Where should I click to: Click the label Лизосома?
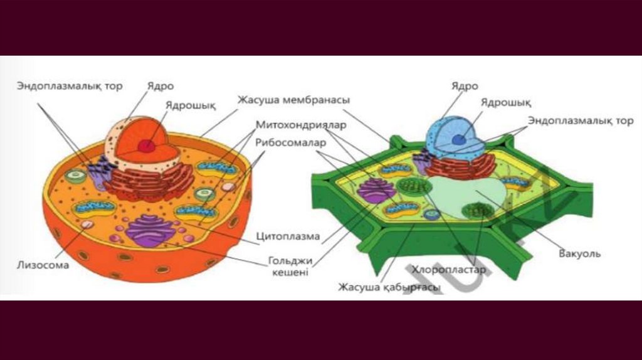tap(42, 265)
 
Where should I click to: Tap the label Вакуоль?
tap(579, 254)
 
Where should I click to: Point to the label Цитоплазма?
tap(288, 237)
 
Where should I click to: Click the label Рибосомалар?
tap(290, 142)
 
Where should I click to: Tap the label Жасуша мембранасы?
tap(293, 100)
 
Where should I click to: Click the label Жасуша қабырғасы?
tap(389, 287)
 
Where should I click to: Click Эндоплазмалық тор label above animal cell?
tap(70, 86)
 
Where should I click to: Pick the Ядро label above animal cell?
tap(160, 86)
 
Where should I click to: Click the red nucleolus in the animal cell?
tap(147, 146)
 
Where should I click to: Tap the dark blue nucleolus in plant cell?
tap(460, 139)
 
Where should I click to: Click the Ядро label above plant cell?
tap(465, 86)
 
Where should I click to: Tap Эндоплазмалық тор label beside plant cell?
tap(581, 120)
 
